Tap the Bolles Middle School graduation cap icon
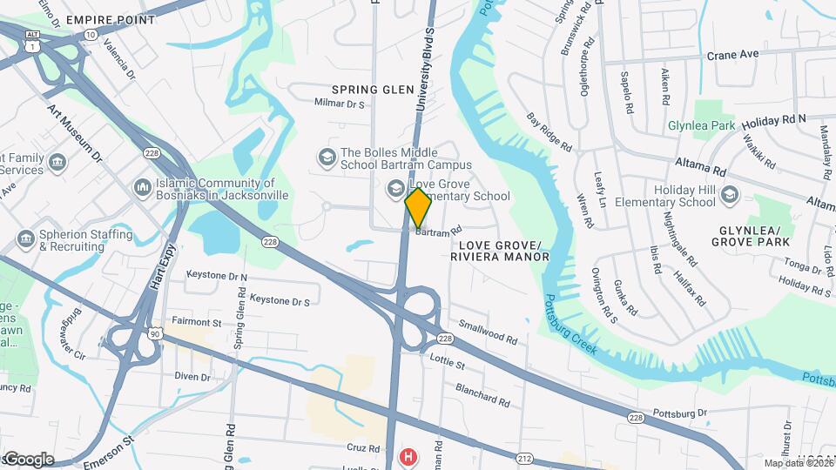[327, 158]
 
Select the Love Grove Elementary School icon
[395, 189]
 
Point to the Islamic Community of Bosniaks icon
[142, 188]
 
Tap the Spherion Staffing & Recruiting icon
[25, 238]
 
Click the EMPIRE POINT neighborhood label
[110, 19]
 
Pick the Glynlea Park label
[701, 125]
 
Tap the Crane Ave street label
[732, 54]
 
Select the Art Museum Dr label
[75, 133]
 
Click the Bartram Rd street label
[437, 232]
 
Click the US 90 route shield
[154, 333]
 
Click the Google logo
[28, 459]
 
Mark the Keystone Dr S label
[280, 301]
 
